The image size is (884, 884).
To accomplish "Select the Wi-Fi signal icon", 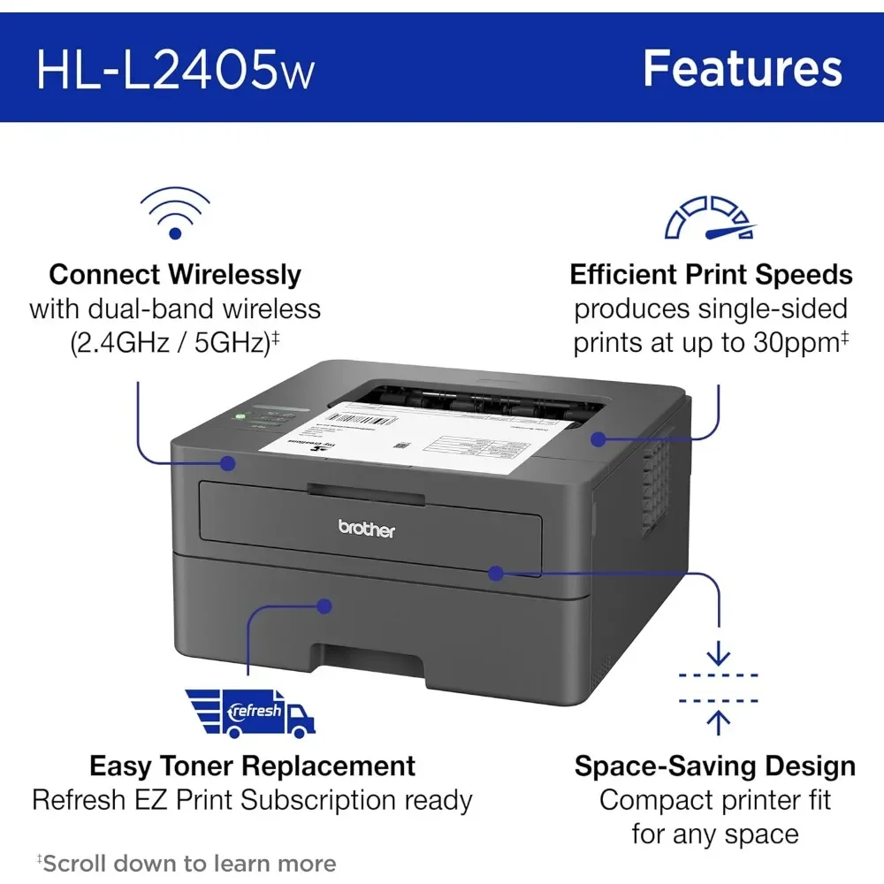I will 175,213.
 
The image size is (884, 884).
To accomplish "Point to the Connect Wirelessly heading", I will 175,274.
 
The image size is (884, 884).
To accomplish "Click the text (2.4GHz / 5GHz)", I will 170,343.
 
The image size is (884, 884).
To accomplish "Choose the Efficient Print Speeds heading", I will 711,274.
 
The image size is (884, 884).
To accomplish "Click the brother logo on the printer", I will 367,529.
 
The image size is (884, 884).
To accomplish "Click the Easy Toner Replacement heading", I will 252,766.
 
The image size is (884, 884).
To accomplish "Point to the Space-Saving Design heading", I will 714,766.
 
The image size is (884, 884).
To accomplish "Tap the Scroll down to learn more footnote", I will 187,863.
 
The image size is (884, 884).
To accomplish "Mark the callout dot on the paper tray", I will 325,606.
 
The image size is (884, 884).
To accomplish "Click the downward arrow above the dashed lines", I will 719,654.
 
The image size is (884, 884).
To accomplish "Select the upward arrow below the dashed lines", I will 719,722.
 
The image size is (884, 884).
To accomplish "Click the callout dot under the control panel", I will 228,462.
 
